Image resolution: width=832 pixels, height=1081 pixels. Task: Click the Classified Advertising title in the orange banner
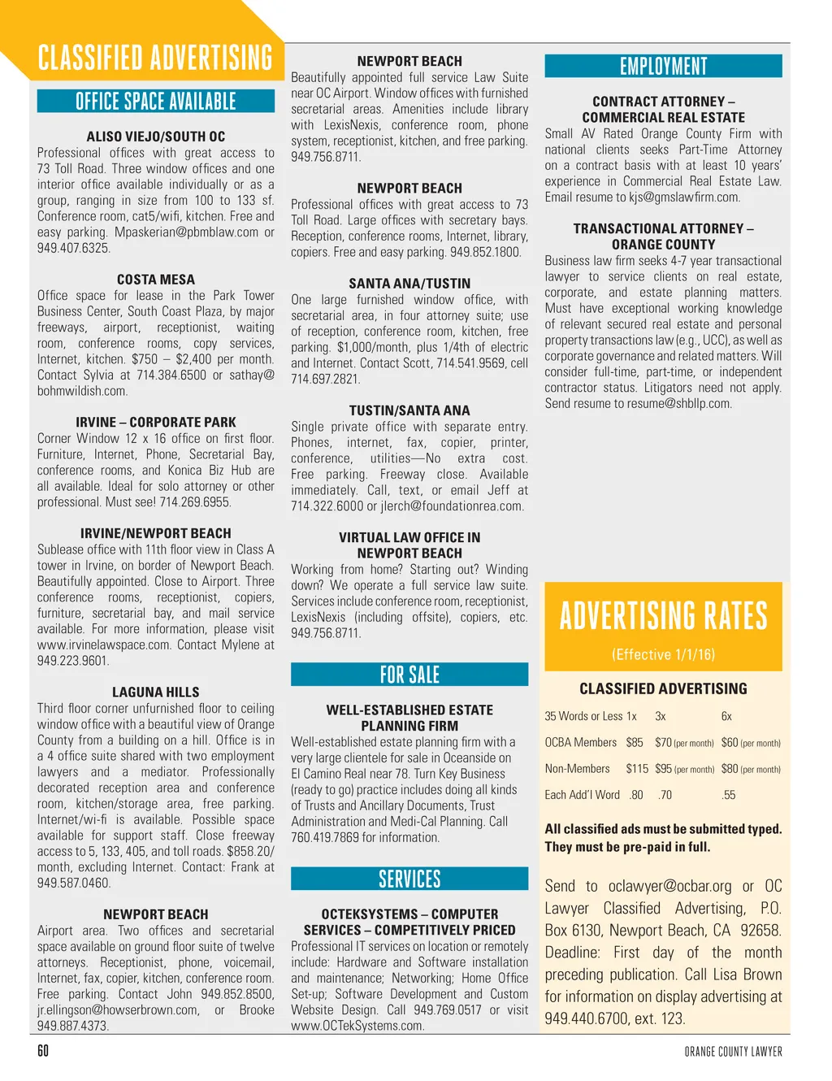(155, 58)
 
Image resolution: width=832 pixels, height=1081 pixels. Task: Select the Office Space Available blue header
(155, 102)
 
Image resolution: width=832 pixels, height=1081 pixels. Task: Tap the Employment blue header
(663, 67)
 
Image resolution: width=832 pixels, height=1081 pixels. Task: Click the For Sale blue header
(409, 675)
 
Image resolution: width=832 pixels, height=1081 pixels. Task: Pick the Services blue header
(409, 879)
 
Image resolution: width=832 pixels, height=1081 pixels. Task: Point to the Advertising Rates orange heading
(663, 616)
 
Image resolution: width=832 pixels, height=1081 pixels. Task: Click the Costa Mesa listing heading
(155, 280)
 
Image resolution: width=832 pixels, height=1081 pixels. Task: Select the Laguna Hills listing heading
(155, 692)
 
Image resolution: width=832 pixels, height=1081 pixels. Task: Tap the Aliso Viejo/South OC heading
(155, 137)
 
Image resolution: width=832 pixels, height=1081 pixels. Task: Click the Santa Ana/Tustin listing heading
(409, 284)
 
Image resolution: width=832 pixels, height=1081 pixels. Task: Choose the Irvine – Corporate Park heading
(155, 423)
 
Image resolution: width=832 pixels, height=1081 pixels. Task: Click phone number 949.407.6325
(73, 248)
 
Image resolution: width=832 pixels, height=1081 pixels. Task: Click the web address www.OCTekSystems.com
(357, 1026)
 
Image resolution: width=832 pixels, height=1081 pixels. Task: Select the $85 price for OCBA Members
(635, 743)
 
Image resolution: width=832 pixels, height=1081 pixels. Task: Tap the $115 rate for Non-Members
(637, 769)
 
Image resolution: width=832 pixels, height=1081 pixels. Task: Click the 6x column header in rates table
(726, 717)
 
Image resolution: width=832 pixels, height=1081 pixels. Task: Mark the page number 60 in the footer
(43, 1051)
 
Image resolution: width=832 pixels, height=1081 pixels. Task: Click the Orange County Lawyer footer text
(733, 1052)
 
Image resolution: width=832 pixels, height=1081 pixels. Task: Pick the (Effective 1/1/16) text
(663, 654)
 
